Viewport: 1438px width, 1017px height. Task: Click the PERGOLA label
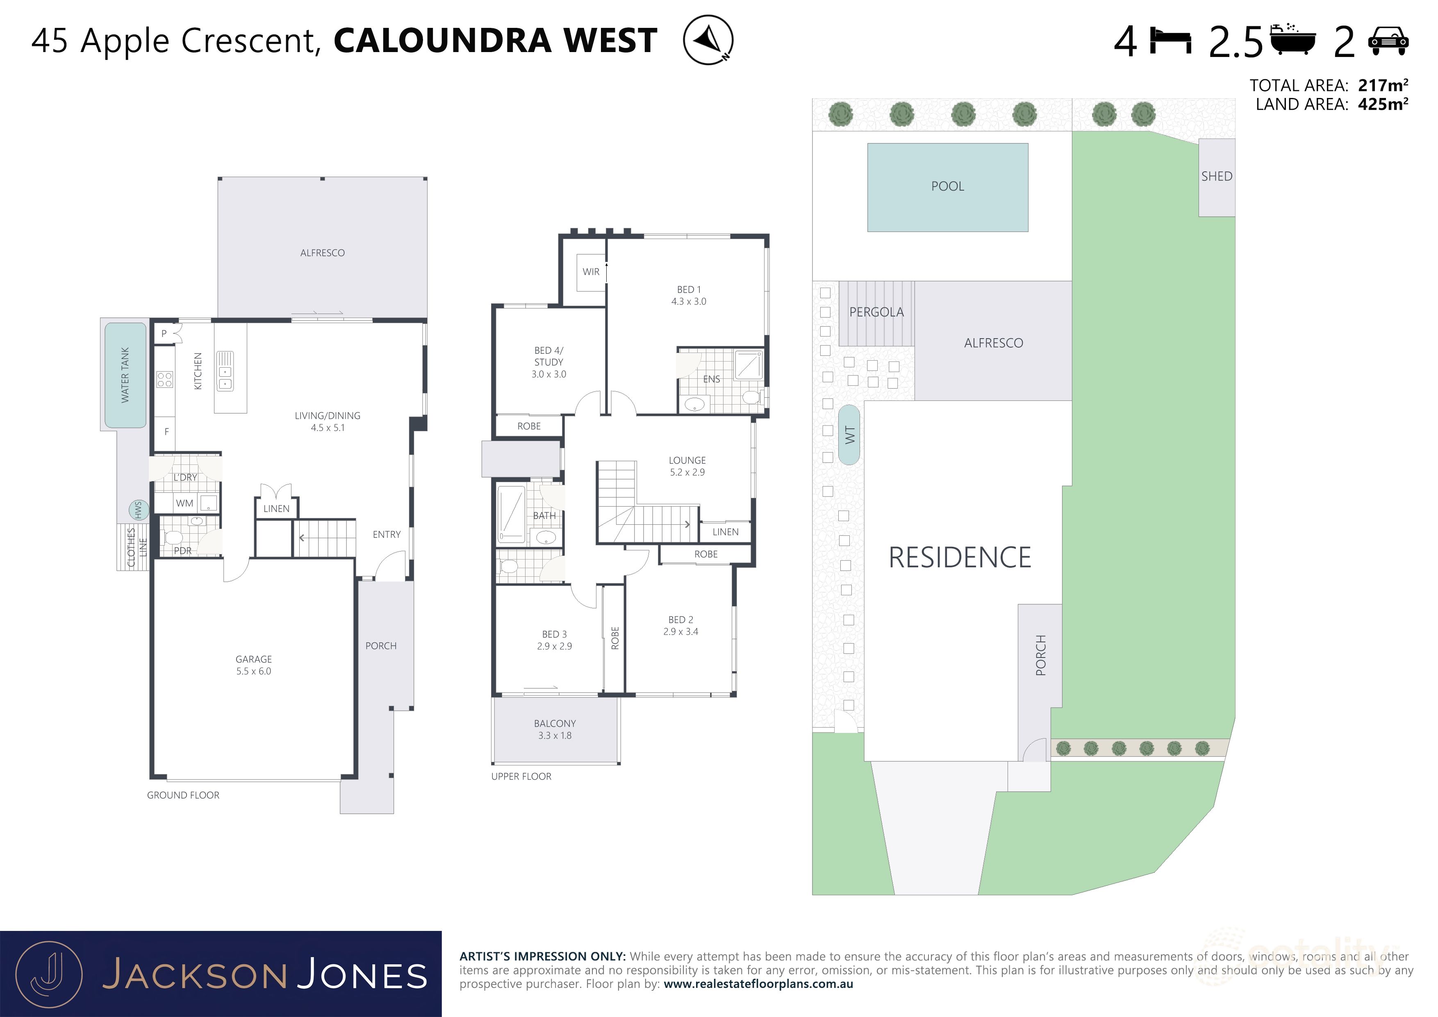[876, 312]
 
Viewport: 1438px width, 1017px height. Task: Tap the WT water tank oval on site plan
[849, 435]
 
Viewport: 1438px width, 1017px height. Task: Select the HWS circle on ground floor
[139, 510]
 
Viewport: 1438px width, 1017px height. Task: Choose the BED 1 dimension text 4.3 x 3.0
[688, 301]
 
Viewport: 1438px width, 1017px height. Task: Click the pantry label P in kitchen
[164, 333]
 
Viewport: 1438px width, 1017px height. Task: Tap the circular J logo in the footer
[49, 974]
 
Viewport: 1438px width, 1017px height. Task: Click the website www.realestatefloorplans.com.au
[758, 984]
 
